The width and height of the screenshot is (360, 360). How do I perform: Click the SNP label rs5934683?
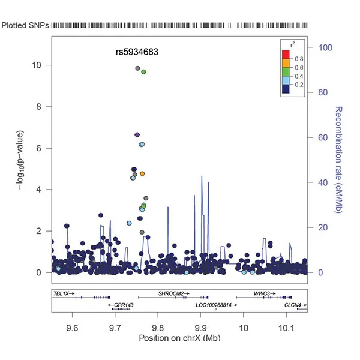137,52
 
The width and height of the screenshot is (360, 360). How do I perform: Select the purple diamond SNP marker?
137,135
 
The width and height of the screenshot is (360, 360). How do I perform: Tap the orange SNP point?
142,174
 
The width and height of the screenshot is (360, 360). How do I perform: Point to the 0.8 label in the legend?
298,58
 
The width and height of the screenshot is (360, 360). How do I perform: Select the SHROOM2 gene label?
170,294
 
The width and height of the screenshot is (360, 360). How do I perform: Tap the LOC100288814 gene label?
213,305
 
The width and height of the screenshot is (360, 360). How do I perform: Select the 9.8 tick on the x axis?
157,327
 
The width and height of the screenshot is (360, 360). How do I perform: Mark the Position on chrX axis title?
179,338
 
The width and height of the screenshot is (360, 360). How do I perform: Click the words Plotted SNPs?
25,26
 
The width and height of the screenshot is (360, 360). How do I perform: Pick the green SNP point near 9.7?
143,72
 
